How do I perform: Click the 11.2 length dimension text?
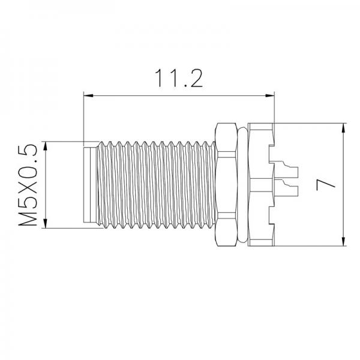(178, 78)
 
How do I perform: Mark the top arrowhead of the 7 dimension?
(344, 127)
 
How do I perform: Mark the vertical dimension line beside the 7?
(344, 185)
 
